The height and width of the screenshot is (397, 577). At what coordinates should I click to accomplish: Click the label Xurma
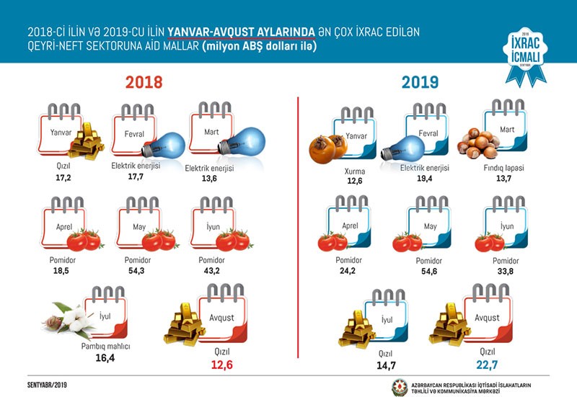pyautogui.click(x=354, y=172)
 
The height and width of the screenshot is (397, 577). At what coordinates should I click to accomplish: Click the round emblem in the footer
pyautogui.click(x=399, y=385)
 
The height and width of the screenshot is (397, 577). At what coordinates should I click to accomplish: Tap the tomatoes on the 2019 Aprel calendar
pyautogui.click(x=332, y=241)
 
